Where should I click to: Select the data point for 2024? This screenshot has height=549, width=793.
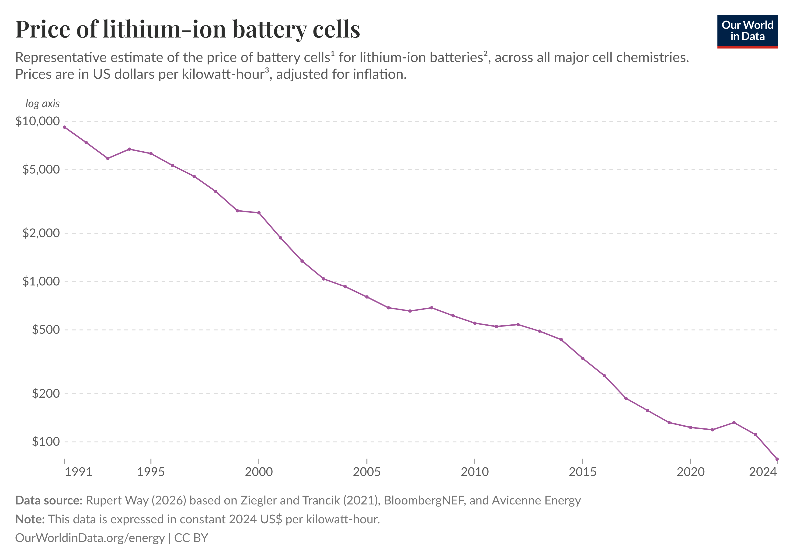[777, 459]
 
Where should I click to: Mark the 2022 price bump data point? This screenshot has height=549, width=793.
[734, 422]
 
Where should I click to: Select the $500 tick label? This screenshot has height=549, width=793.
[46, 330]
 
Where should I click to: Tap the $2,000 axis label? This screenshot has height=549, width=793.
[41, 233]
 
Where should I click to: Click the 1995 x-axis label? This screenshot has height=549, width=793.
[151, 472]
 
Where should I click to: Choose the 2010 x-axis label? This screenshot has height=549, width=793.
[475, 472]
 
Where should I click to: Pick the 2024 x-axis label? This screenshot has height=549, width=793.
[763, 472]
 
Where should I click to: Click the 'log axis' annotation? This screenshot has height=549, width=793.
[43, 104]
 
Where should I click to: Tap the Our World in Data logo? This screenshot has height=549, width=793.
[747, 31]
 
